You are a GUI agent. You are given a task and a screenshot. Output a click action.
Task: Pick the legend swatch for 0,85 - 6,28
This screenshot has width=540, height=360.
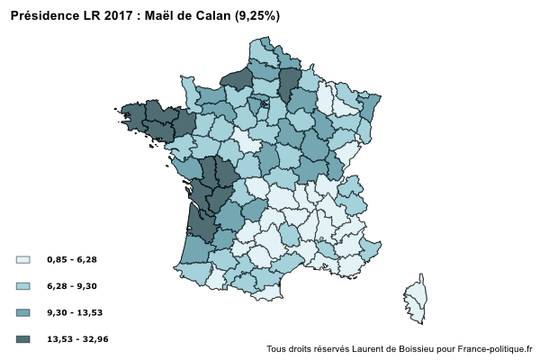pyautogui.click(x=23, y=260)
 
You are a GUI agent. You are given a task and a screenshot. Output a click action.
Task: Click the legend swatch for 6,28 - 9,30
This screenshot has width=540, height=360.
pyautogui.click(x=23, y=286)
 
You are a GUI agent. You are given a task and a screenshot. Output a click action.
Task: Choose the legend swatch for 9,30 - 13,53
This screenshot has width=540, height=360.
pyautogui.click(x=23, y=312)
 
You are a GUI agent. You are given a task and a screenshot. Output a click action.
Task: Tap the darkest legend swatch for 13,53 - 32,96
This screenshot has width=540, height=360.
pyautogui.click(x=23, y=339)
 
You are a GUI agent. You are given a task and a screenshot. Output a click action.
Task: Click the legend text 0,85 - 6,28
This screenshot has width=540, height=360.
pyautogui.click(x=72, y=260)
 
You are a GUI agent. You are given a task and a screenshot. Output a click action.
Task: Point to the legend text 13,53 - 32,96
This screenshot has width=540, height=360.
pyautogui.click(x=77, y=339)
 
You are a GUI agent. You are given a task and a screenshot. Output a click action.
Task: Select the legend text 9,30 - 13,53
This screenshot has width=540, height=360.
pyautogui.click(x=75, y=312)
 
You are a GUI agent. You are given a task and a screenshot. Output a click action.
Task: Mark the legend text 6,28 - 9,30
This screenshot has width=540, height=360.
pyautogui.click(x=72, y=286)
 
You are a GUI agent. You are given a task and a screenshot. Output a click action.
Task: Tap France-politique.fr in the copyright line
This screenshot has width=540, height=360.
pyautogui.click(x=496, y=348)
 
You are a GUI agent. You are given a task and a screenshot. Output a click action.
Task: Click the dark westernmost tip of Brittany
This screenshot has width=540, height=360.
pyautogui.click(x=131, y=115)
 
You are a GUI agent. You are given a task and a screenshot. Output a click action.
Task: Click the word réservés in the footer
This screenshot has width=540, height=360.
pyautogui.click(x=328, y=348)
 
